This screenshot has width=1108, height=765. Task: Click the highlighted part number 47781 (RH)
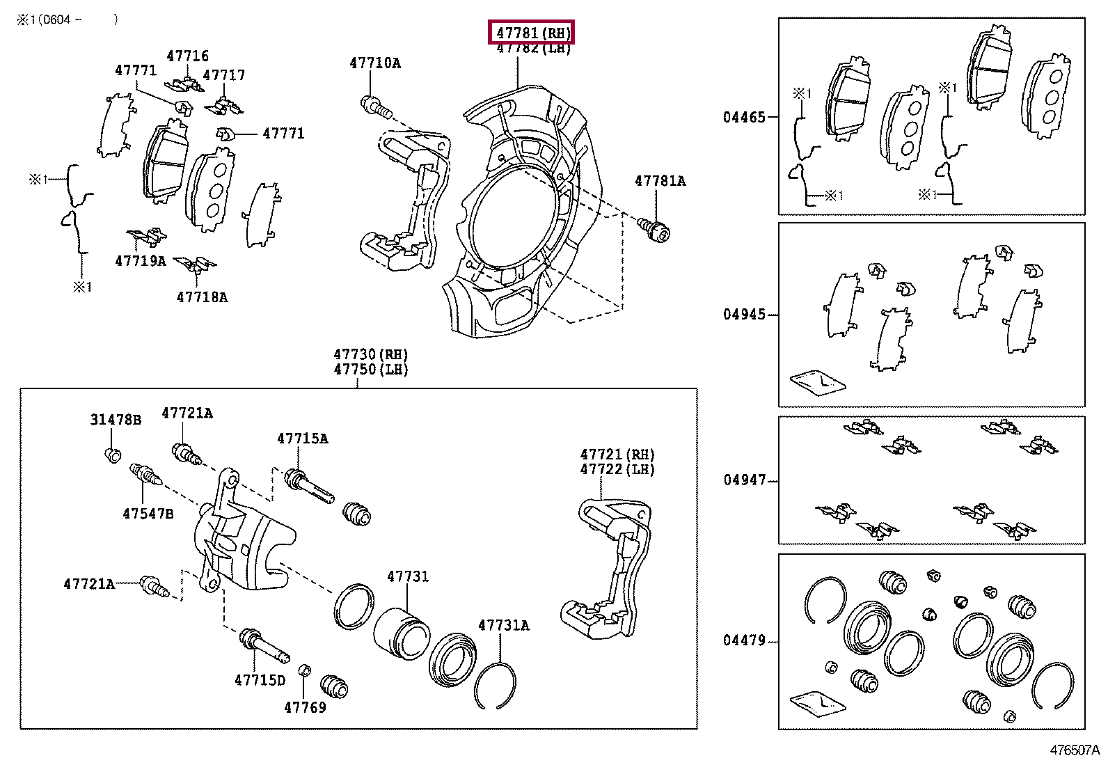click(532, 32)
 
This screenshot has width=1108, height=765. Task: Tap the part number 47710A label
click(375, 63)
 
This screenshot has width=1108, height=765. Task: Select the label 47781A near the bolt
click(660, 181)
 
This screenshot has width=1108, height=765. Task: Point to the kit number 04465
click(744, 118)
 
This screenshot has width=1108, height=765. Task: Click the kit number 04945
click(744, 315)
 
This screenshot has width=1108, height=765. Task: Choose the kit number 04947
click(744, 480)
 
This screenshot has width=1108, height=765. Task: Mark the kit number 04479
click(744, 640)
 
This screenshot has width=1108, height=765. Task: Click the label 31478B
click(116, 420)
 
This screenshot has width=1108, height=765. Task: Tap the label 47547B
click(148, 514)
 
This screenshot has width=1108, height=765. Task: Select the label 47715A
click(303, 439)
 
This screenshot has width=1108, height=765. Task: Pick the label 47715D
click(260, 680)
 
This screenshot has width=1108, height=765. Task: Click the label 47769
click(305, 707)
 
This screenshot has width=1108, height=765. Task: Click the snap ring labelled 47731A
click(495, 684)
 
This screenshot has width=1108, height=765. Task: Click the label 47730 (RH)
click(370, 354)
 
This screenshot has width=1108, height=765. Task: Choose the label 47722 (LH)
click(617, 469)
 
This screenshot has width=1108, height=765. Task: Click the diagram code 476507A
click(1075, 750)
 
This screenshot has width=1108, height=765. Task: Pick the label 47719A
click(141, 261)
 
